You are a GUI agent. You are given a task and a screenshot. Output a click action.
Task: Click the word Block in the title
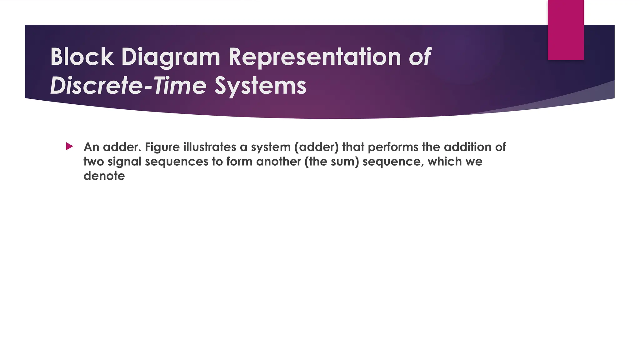click(x=82, y=57)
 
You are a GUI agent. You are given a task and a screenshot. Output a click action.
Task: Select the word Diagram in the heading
click(x=171, y=57)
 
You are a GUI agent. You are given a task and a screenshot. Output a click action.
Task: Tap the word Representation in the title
click(x=314, y=57)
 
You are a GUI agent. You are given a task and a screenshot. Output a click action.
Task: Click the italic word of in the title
click(x=420, y=57)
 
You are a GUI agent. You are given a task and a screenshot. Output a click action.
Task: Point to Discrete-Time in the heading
click(x=128, y=86)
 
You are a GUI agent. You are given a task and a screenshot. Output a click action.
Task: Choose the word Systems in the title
click(x=260, y=86)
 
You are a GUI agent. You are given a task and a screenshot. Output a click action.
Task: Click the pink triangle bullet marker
click(x=69, y=146)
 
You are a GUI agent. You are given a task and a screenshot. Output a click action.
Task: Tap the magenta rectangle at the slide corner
click(x=566, y=30)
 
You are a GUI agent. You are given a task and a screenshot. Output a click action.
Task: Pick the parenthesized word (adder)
click(x=316, y=147)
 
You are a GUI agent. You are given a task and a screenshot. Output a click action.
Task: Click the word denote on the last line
click(x=104, y=176)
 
